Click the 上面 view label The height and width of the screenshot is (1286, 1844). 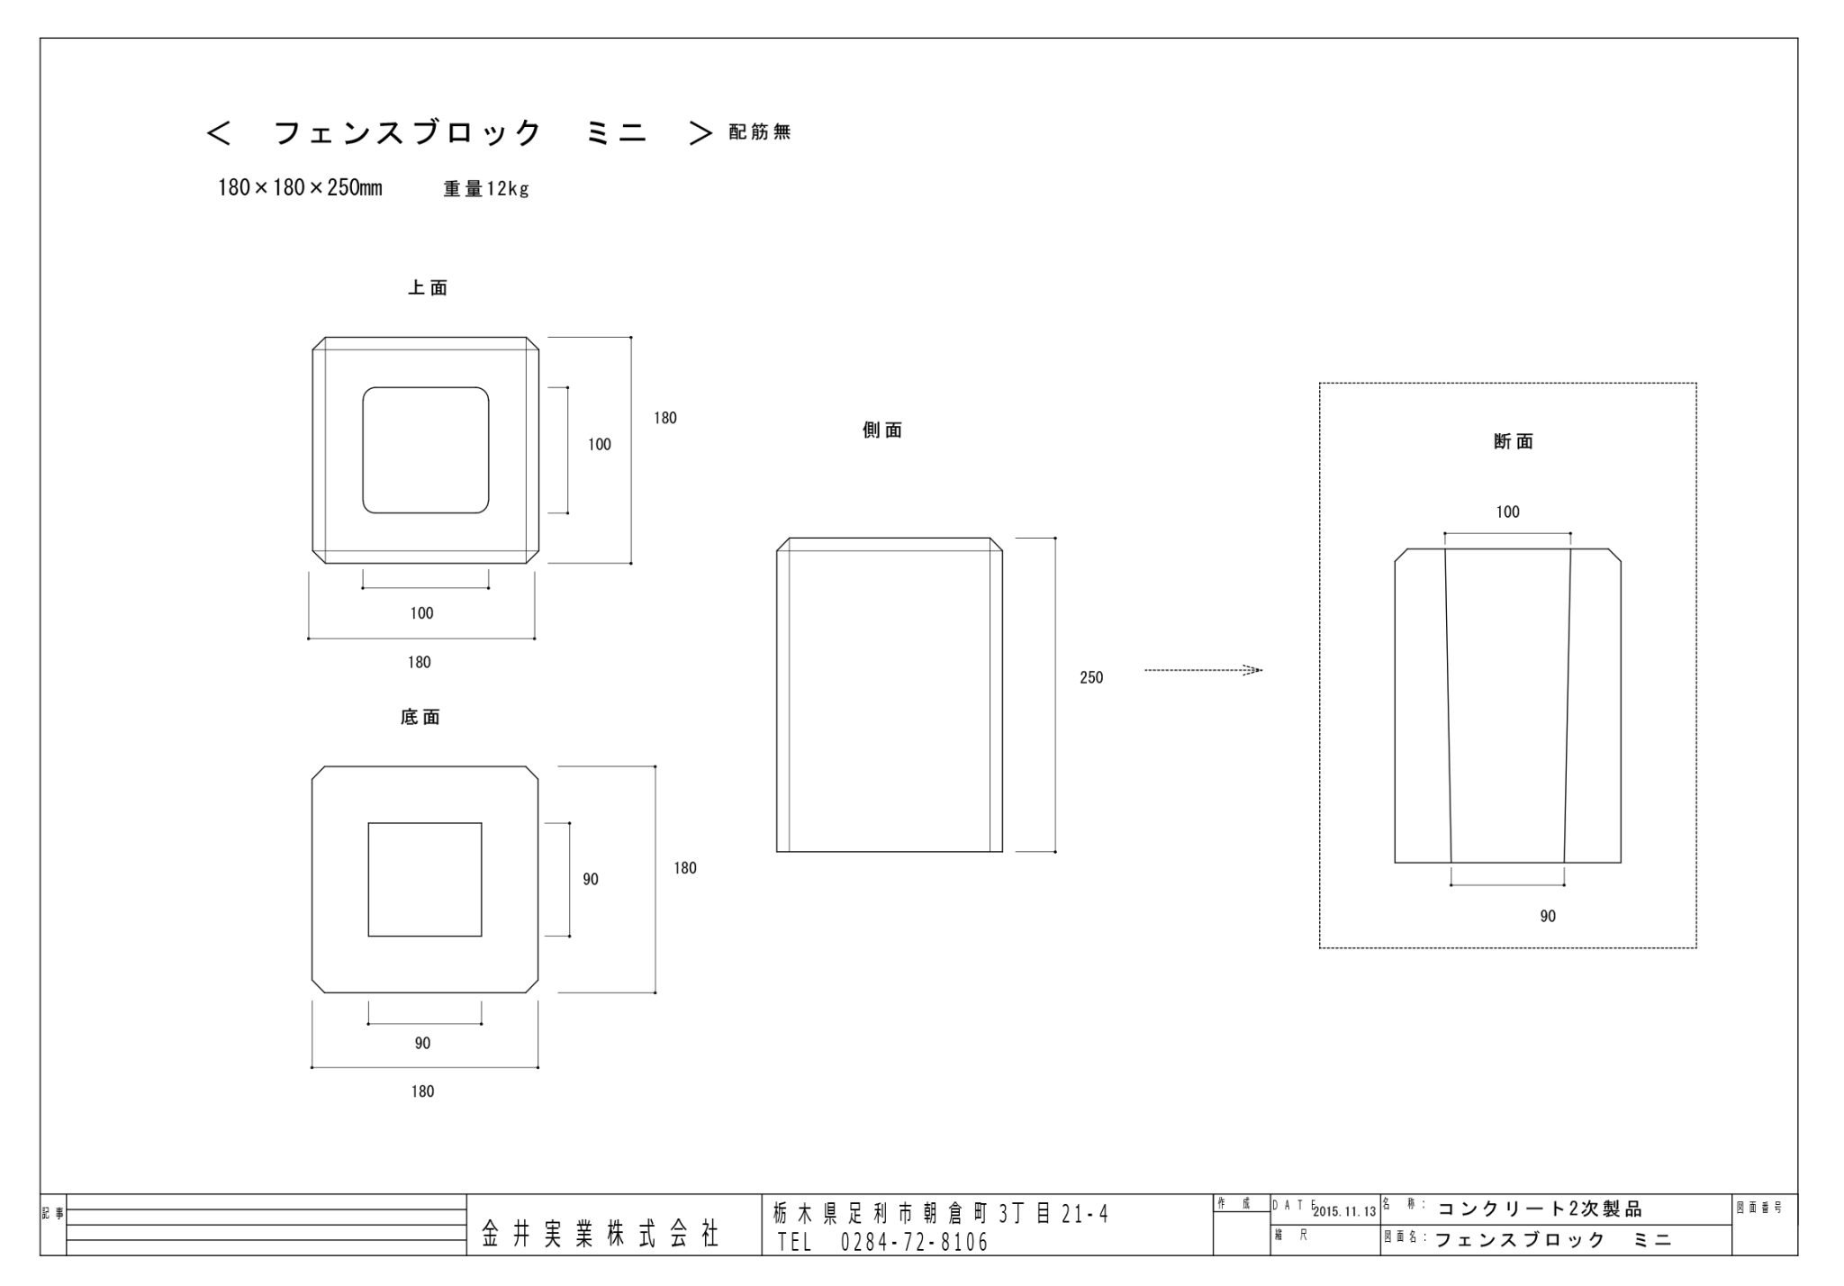click(428, 288)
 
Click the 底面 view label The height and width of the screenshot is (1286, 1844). click(420, 718)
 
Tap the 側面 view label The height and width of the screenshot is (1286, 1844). click(882, 430)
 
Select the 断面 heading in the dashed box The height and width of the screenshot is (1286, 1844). click(1514, 441)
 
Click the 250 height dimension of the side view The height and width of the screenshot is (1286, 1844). click(1091, 677)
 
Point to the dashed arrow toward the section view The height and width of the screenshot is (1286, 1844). click(1203, 670)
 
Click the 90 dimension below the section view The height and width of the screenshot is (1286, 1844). click(1548, 916)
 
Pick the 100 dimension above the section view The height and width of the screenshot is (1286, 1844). click(1507, 512)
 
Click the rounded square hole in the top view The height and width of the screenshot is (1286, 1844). click(426, 450)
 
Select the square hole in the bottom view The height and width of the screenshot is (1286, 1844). click(425, 879)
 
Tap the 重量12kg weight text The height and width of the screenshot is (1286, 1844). click(486, 189)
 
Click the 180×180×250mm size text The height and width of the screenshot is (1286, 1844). click(300, 188)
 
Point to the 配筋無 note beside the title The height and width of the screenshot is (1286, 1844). click(760, 132)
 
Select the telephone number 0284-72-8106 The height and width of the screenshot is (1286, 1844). click(914, 1243)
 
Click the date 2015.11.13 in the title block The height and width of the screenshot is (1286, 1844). click(1344, 1212)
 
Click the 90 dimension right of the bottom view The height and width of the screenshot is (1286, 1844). click(591, 879)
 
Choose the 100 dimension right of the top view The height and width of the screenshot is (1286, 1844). click(600, 444)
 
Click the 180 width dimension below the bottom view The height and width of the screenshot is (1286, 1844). click(422, 1091)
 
